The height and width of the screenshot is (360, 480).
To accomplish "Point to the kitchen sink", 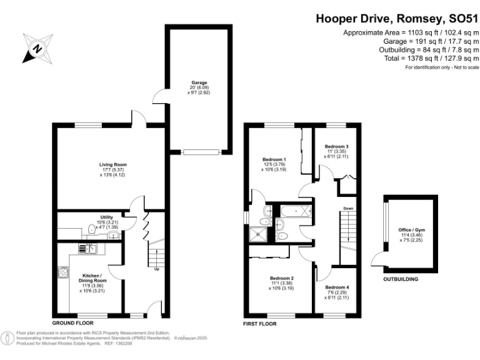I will pyautogui.click(x=91, y=248).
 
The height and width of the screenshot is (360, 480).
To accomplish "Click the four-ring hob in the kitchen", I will pyautogui.click(x=64, y=272).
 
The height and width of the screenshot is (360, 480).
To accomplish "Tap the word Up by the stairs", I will pyautogui.click(x=157, y=269).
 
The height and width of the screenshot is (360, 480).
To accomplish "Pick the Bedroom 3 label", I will pyautogui.click(x=336, y=146).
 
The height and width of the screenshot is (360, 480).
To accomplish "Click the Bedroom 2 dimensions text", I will pyautogui.click(x=282, y=286).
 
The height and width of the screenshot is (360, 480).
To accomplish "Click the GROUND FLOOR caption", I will pyautogui.click(x=72, y=323).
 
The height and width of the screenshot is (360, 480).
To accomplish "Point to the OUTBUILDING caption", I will pyautogui.click(x=401, y=279).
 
